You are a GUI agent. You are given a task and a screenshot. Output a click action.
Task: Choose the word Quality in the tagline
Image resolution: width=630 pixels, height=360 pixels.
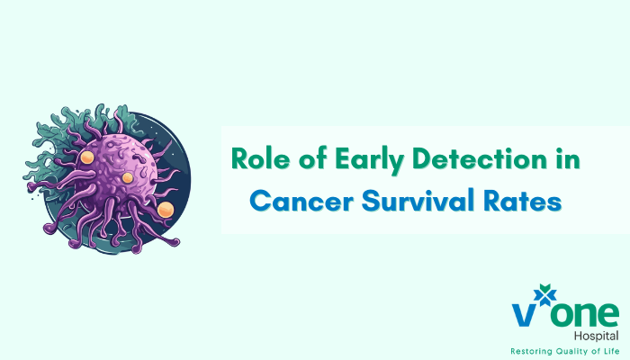(575, 350)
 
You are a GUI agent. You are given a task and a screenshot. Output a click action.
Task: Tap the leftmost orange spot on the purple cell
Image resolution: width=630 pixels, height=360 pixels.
(87, 157)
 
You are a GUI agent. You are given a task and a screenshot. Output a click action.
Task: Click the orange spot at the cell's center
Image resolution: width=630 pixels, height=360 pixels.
(128, 177)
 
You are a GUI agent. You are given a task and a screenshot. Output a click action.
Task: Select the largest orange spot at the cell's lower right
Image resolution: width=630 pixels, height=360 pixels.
(166, 210)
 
